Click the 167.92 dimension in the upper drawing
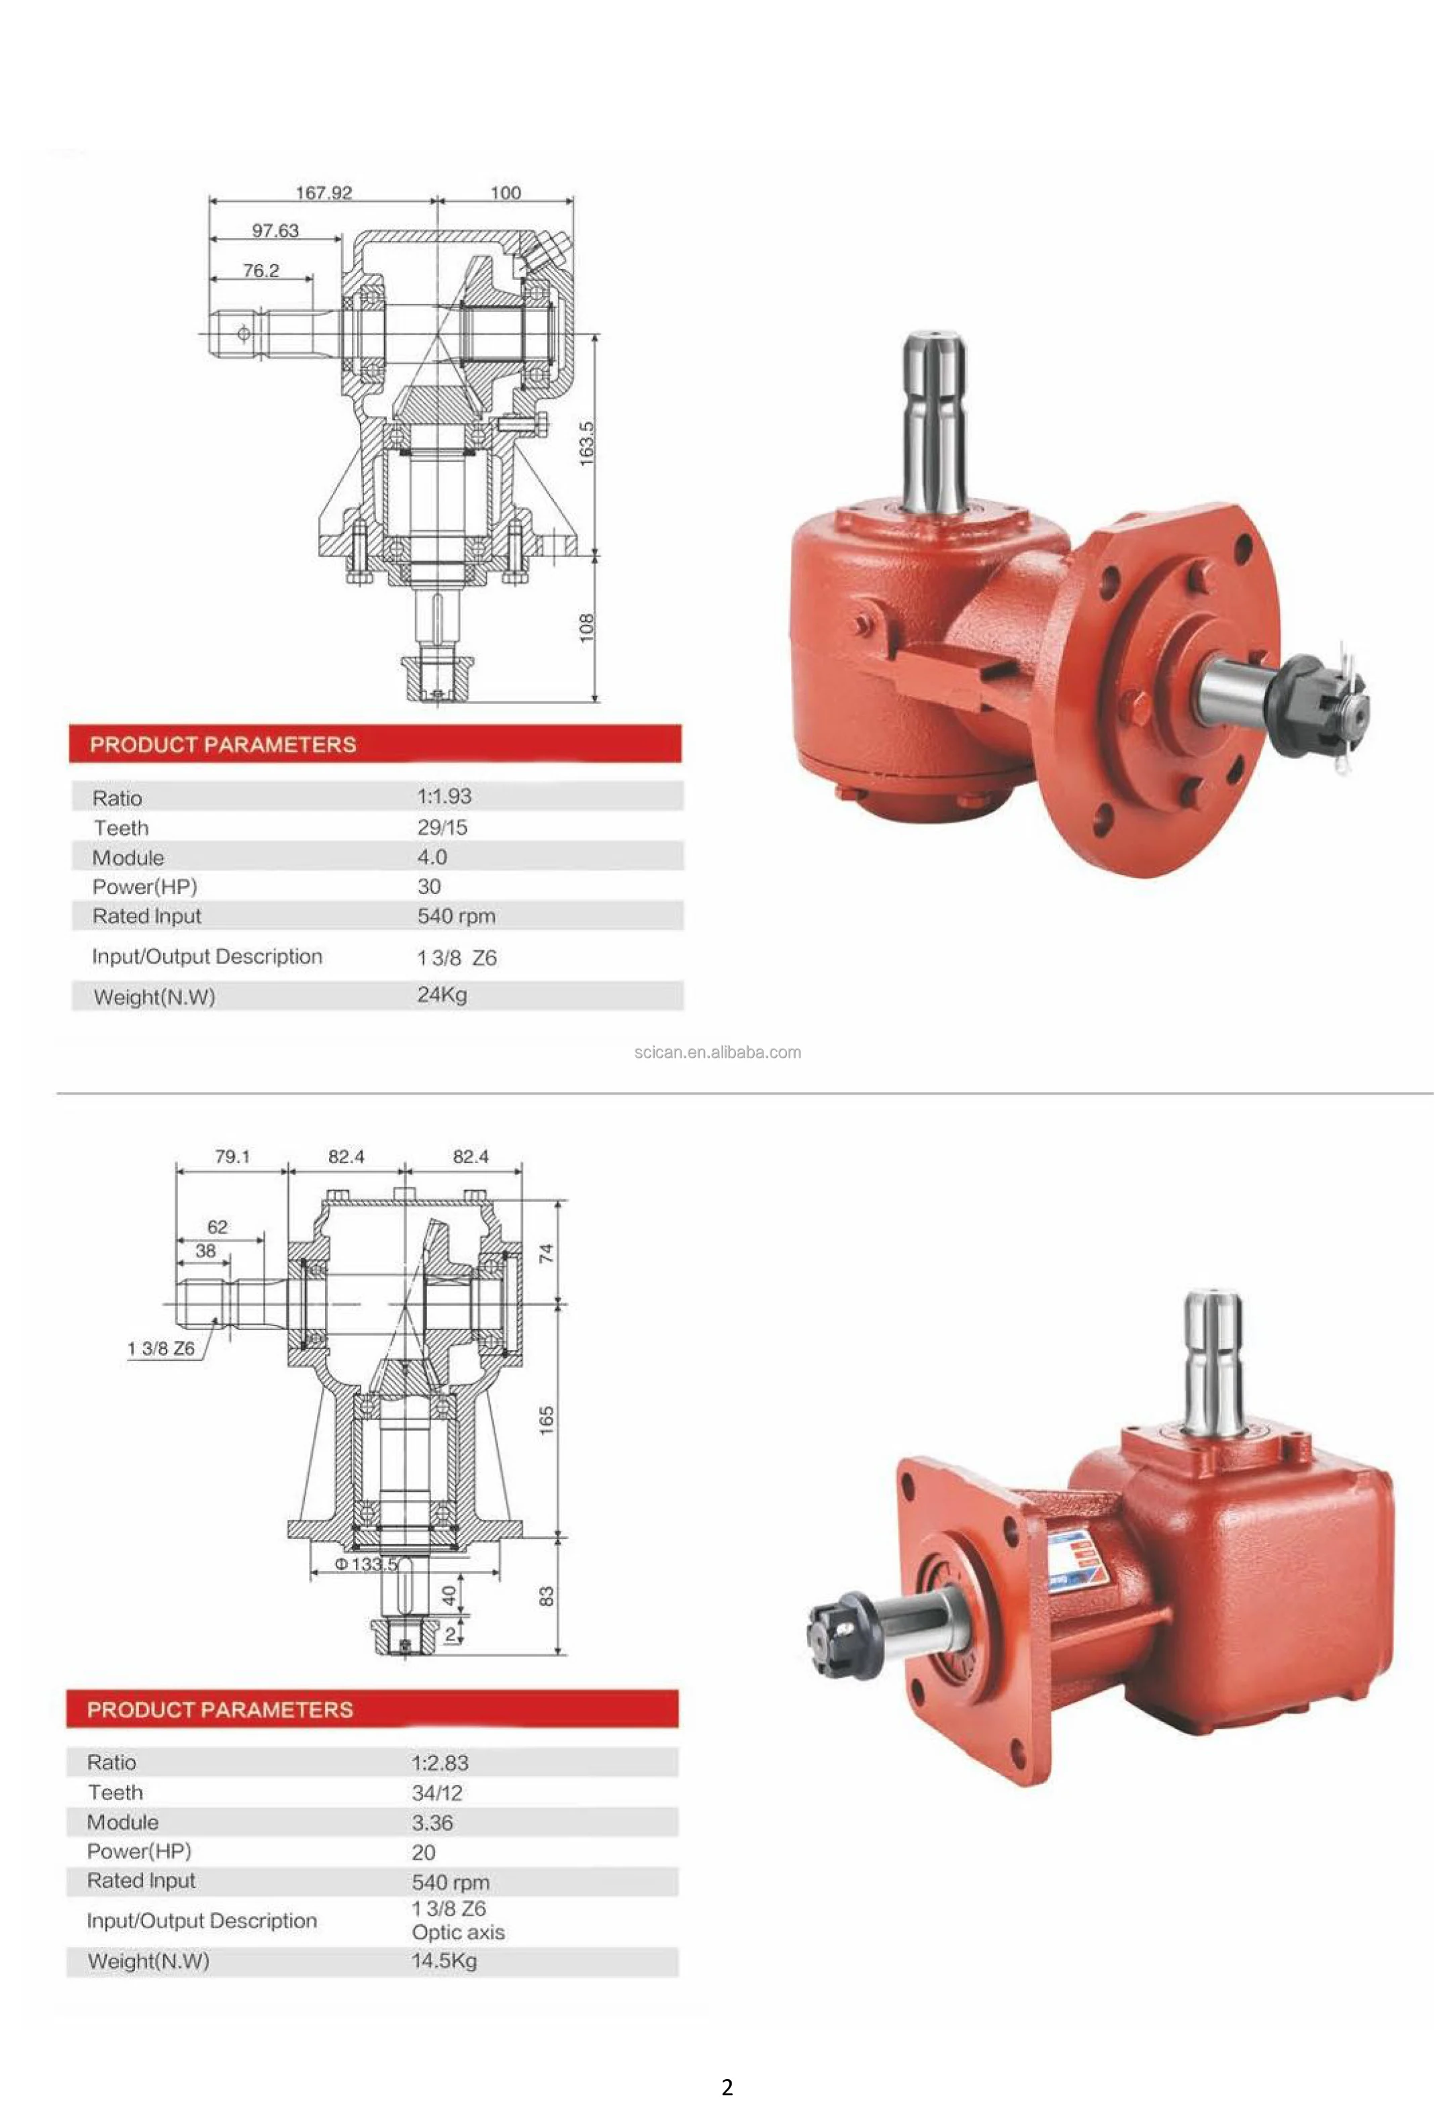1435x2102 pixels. tap(323, 193)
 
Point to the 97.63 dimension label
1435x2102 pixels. tap(275, 231)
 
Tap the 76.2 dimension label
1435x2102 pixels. tap(261, 270)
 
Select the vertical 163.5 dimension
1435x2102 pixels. tap(586, 443)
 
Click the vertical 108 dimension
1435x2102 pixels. tap(586, 627)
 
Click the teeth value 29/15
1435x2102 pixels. tap(442, 827)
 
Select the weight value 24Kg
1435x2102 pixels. tap(442, 995)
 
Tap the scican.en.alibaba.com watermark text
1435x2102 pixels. tap(716, 1052)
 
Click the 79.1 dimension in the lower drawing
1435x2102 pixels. tap(232, 1156)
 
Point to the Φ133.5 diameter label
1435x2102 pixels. tap(365, 1563)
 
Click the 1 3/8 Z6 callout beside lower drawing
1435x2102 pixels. tap(161, 1348)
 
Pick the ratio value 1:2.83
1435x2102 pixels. tap(440, 1763)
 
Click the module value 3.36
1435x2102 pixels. tap(432, 1823)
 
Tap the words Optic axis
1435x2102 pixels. tap(458, 1933)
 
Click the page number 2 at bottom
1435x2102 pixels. tap(727, 2087)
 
